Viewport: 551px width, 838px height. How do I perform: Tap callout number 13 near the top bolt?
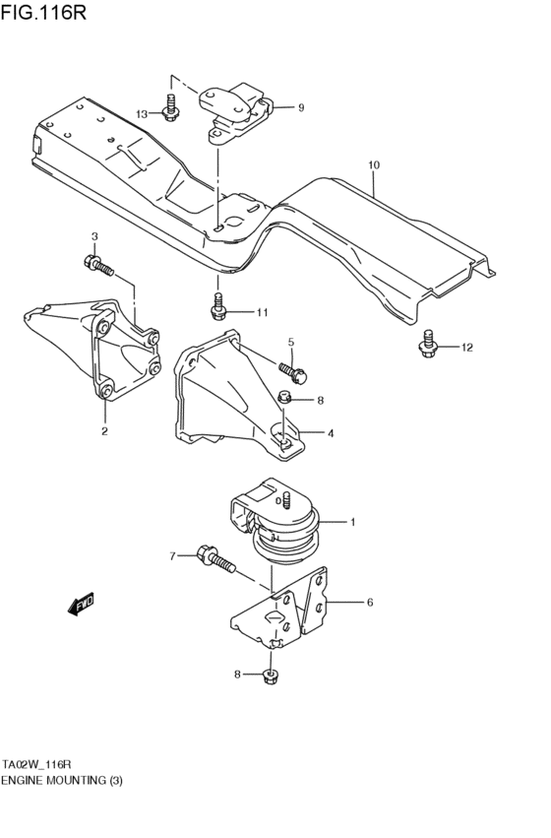(x=142, y=114)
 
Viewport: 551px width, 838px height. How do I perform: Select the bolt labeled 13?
(x=172, y=107)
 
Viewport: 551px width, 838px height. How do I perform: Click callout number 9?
(x=301, y=107)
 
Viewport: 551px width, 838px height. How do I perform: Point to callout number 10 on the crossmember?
(x=373, y=164)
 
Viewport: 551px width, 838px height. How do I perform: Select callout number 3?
(x=94, y=236)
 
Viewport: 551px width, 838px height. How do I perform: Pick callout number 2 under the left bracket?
(x=103, y=430)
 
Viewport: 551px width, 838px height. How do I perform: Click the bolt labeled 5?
(x=292, y=371)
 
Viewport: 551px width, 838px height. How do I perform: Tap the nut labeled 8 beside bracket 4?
(x=283, y=398)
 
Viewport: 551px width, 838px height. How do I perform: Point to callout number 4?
(x=330, y=432)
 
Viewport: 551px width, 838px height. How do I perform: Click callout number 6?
(x=369, y=603)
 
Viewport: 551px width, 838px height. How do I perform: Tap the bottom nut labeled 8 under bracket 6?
(x=271, y=675)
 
